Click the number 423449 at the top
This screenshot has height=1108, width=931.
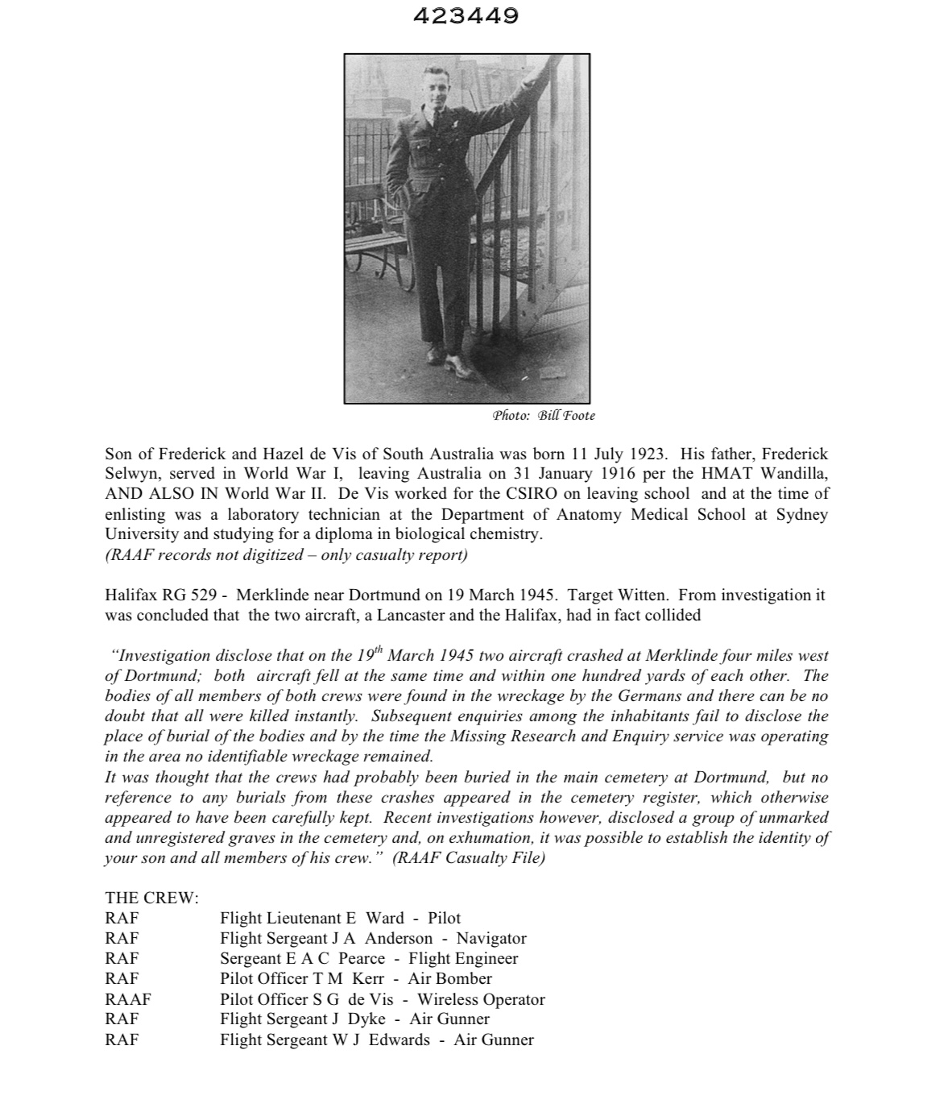[x=465, y=16]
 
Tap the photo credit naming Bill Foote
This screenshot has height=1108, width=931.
[x=544, y=416]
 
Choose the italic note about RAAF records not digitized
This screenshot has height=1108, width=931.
[x=286, y=554]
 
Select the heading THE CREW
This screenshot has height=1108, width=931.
[x=151, y=898]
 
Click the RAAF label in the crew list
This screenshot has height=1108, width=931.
[x=127, y=999]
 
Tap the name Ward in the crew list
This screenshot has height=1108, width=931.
[x=385, y=919]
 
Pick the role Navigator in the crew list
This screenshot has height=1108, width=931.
[x=491, y=939]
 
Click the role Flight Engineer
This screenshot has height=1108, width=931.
[x=463, y=959]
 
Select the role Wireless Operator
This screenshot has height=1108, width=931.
[x=481, y=999]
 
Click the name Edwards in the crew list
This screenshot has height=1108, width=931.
[x=399, y=1040]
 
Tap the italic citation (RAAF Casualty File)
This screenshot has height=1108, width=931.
[x=469, y=858]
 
